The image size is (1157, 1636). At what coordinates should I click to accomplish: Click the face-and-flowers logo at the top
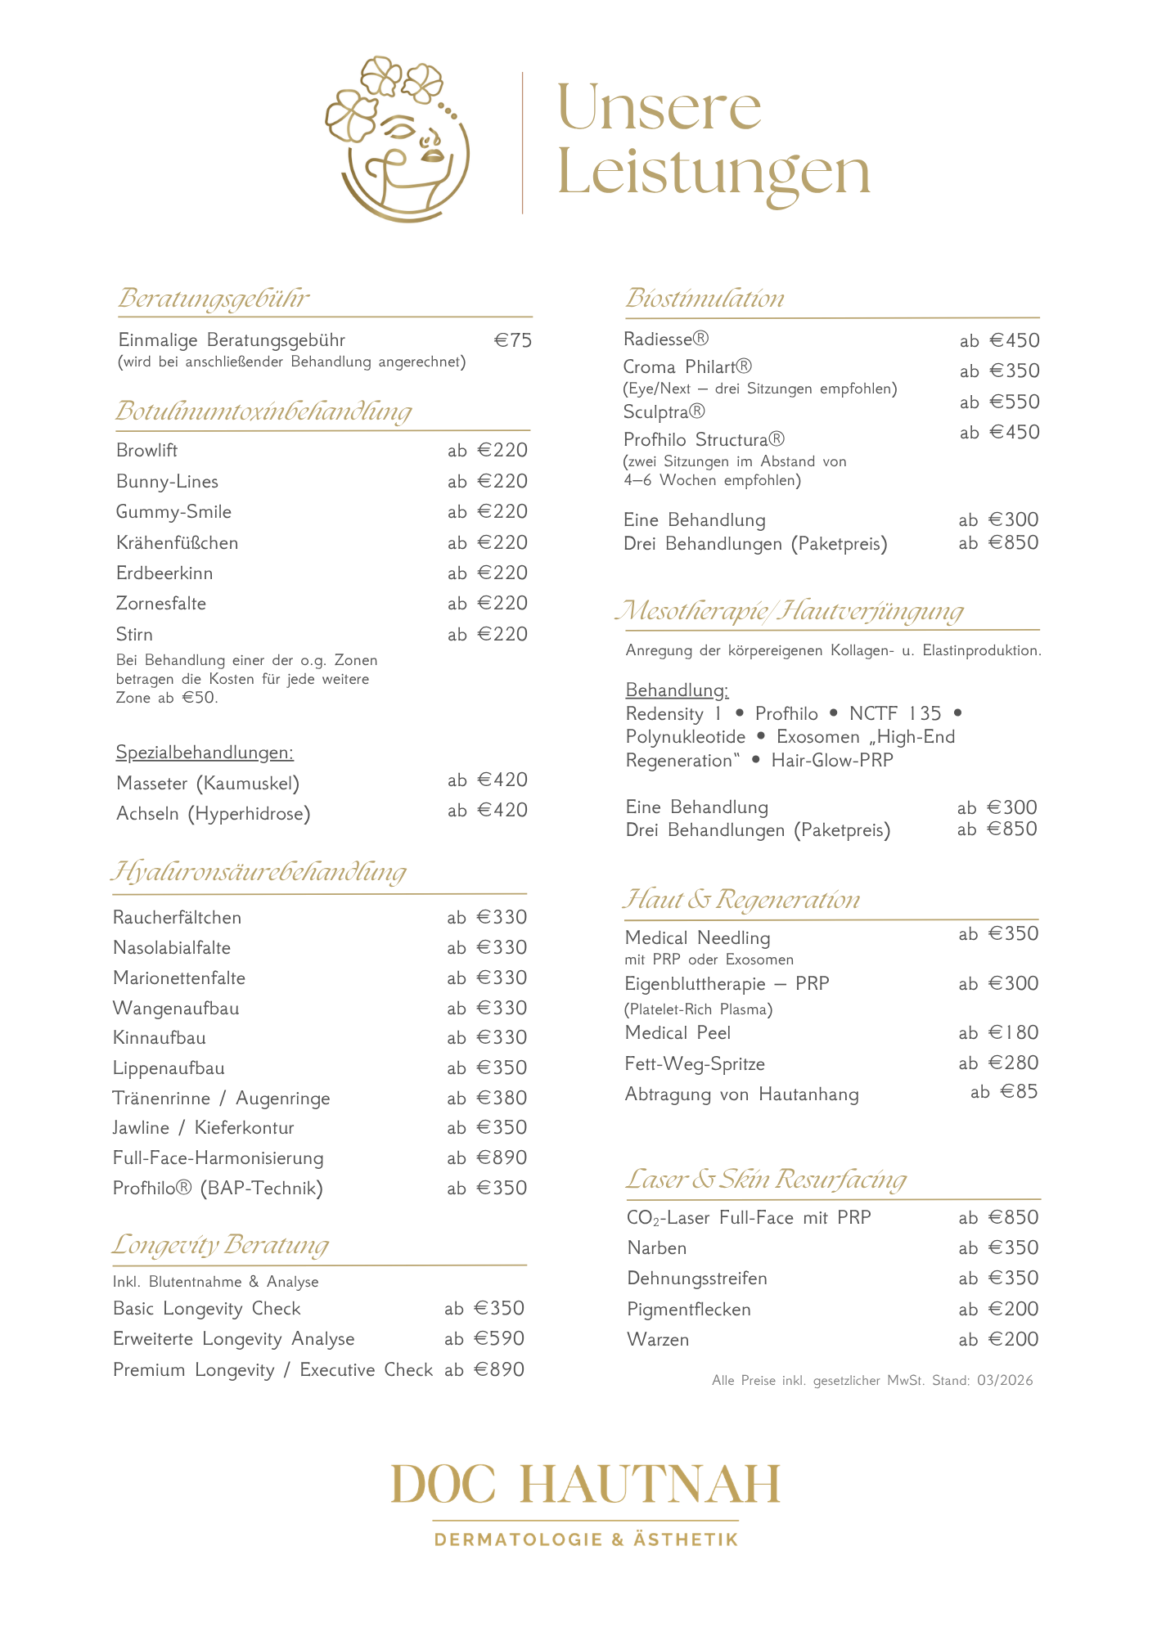click(x=398, y=139)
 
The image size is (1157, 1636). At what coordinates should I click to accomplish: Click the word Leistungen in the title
click(x=714, y=173)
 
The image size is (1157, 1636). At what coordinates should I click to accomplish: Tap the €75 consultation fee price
click(x=513, y=340)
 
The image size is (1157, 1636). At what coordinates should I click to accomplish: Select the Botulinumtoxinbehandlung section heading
click(x=263, y=411)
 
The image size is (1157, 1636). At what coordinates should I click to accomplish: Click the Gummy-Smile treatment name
click(x=173, y=512)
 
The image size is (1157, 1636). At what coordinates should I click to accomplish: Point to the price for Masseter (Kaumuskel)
click(x=488, y=780)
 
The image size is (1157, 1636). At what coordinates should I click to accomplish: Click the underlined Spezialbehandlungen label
click(x=205, y=752)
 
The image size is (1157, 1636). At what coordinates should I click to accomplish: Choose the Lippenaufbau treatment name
click(x=169, y=1068)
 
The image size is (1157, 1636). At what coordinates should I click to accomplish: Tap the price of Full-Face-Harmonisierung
click(x=488, y=1157)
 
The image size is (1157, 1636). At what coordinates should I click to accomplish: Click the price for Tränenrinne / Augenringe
click(x=488, y=1098)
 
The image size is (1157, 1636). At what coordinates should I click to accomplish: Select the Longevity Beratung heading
click(x=220, y=1244)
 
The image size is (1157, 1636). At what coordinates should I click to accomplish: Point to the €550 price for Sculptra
click(x=1000, y=402)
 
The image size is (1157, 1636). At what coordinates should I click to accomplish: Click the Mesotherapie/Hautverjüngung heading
click(x=790, y=611)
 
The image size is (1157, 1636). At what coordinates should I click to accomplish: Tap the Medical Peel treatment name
click(x=678, y=1033)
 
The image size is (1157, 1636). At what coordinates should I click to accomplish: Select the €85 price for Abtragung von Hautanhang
click(x=1004, y=1092)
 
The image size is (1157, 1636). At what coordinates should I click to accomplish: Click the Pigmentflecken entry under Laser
click(x=689, y=1309)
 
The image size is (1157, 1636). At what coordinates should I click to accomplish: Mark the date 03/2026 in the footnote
click(x=1005, y=1381)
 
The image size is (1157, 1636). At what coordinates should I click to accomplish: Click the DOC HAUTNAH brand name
click(x=586, y=1485)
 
